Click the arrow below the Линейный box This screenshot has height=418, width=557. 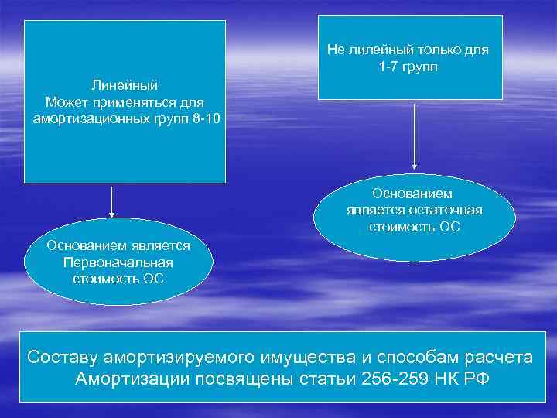(112, 202)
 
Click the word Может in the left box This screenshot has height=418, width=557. (65, 101)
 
